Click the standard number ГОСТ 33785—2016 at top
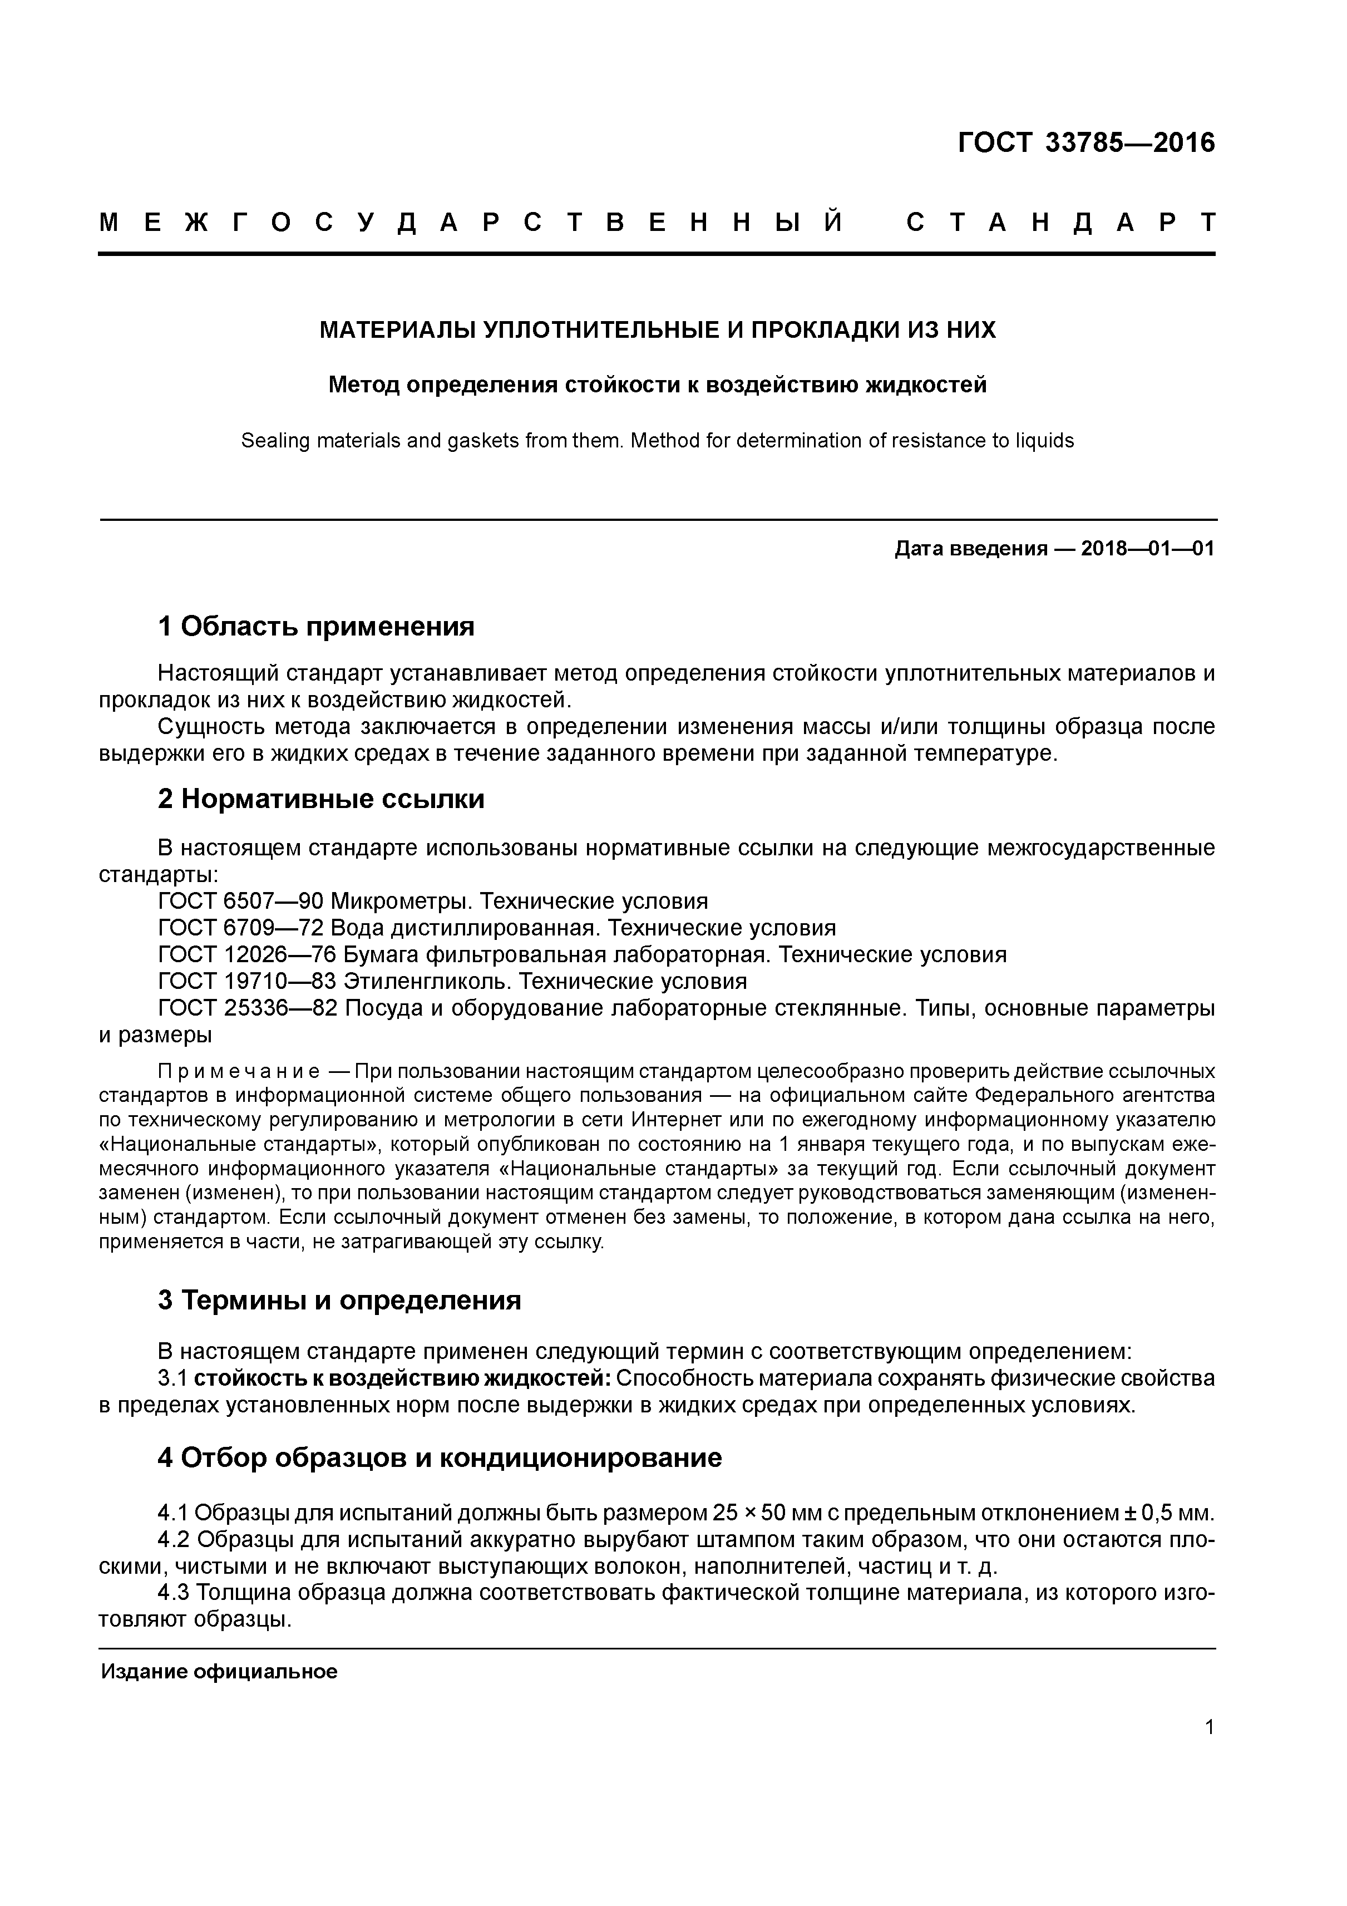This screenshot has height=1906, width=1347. point(1086,143)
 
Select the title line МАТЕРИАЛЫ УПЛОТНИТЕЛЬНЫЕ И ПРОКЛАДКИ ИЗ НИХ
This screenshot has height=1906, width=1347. point(657,331)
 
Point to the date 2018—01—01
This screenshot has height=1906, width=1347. point(1148,549)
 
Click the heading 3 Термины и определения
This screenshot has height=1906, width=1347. point(339,1300)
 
